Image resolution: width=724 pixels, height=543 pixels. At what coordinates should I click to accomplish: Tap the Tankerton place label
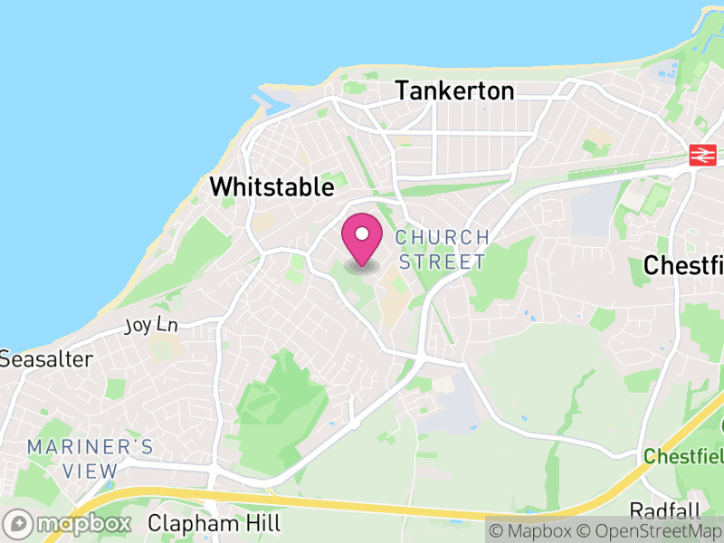pos(454,90)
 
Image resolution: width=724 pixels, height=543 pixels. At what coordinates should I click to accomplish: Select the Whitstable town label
pos(271,187)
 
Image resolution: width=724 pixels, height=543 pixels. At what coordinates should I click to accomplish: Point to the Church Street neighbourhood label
pos(443,250)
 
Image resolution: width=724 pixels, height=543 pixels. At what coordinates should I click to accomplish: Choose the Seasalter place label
pos(45,359)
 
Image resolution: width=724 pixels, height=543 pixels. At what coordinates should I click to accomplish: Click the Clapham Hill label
pos(214,523)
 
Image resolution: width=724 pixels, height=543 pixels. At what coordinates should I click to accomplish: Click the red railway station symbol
pos(701,155)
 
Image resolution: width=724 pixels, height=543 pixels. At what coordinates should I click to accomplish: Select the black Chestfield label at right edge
pos(683,265)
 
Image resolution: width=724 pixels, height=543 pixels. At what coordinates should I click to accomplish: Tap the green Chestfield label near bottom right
pos(683,456)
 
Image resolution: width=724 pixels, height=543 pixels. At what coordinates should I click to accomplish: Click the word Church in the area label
pos(443,237)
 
